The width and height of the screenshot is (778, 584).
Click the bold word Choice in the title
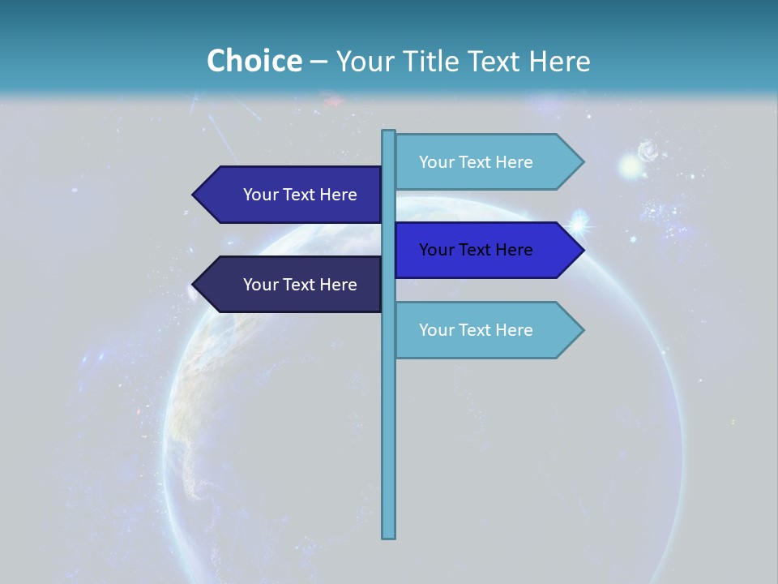[x=254, y=62]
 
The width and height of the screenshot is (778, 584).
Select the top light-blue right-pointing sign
[x=486, y=162]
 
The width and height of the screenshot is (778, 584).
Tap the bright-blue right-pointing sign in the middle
[x=486, y=250]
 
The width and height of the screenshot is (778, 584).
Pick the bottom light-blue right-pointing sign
[x=486, y=330]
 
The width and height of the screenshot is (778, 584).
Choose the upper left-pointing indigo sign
[x=292, y=195]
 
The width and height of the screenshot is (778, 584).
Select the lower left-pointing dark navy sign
[x=292, y=285]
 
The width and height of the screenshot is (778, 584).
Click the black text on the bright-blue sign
[x=476, y=250]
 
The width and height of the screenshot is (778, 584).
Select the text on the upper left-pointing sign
[x=300, y=195]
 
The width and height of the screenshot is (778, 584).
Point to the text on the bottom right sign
[x=476, y=330]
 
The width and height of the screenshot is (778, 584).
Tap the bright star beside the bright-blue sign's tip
[x=580, y=221]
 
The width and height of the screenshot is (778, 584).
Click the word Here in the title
[x=559, y=62]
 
